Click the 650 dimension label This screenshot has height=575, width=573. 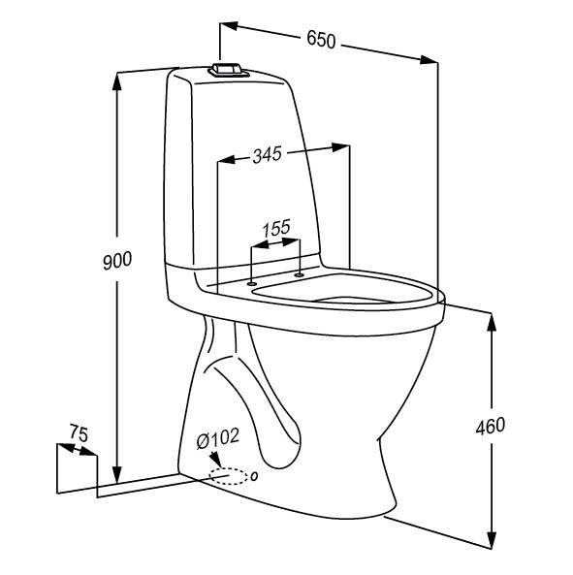(321, 40)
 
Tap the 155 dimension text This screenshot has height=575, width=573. (276, 229)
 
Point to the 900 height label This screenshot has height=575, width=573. (116, 260)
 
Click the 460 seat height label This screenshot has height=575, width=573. (490, 424)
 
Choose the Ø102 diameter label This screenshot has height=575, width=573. (217, 439)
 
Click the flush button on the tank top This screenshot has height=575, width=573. (226, 70)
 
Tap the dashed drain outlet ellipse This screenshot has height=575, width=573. (229, 476)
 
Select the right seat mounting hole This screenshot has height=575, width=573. (299, 274)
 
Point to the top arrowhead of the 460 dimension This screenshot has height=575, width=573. (493, 325)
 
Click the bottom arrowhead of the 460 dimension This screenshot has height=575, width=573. (493, 543)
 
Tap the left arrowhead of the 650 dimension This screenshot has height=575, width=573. (229, 27)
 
